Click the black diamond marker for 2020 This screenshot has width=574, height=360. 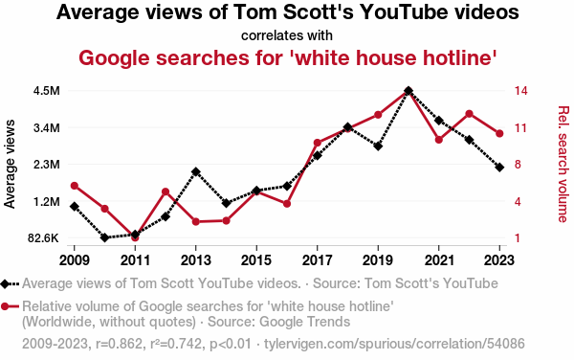[408, 91]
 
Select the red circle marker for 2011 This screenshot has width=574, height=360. [135, 236]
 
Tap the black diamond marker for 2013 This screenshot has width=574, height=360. [196, 171]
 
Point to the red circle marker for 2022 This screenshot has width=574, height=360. [470, 114]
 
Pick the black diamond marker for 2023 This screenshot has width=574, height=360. [499, 168]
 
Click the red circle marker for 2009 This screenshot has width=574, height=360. [75, 186]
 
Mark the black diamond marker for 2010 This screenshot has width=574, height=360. [104, 237]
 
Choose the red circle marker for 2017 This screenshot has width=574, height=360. [318, 143]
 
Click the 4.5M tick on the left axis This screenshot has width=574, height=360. [47, 91]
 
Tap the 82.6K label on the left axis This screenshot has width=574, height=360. [43, 238]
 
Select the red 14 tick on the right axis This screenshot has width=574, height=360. [521, 91]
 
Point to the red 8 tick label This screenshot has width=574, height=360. [518, 165]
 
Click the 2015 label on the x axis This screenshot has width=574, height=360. [256, 260]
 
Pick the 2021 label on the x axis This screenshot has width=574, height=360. [439, 260]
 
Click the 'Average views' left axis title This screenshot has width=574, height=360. [10, 164]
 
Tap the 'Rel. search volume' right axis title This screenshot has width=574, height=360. [563, 164]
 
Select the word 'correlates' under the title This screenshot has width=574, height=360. [262, 35]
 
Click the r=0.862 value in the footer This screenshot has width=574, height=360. [119, 344]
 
